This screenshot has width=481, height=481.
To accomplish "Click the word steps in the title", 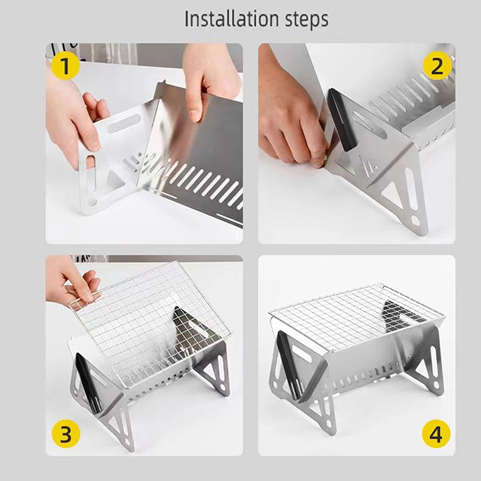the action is pos(307,20).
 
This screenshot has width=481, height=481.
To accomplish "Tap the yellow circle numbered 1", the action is pos(66,66).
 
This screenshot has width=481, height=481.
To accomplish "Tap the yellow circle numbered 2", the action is pos(437,66).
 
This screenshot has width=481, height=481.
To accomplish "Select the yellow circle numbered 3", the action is pos(66,434).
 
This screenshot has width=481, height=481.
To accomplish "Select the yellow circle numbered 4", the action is pos(436,434).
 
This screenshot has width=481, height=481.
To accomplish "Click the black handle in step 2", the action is pos(342,120).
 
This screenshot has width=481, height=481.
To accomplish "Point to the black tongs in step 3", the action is pos(88,383).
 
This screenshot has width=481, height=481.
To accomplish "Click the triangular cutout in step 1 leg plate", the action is pos(115,182).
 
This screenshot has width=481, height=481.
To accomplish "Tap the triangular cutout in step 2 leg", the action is pos(393,194).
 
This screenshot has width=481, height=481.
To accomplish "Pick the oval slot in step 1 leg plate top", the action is pos(124,123).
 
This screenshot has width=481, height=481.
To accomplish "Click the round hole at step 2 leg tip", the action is pos(415,220).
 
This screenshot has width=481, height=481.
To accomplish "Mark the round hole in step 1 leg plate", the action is pos(92,202).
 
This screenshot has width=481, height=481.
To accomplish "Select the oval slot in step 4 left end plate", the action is pos(302,354).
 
